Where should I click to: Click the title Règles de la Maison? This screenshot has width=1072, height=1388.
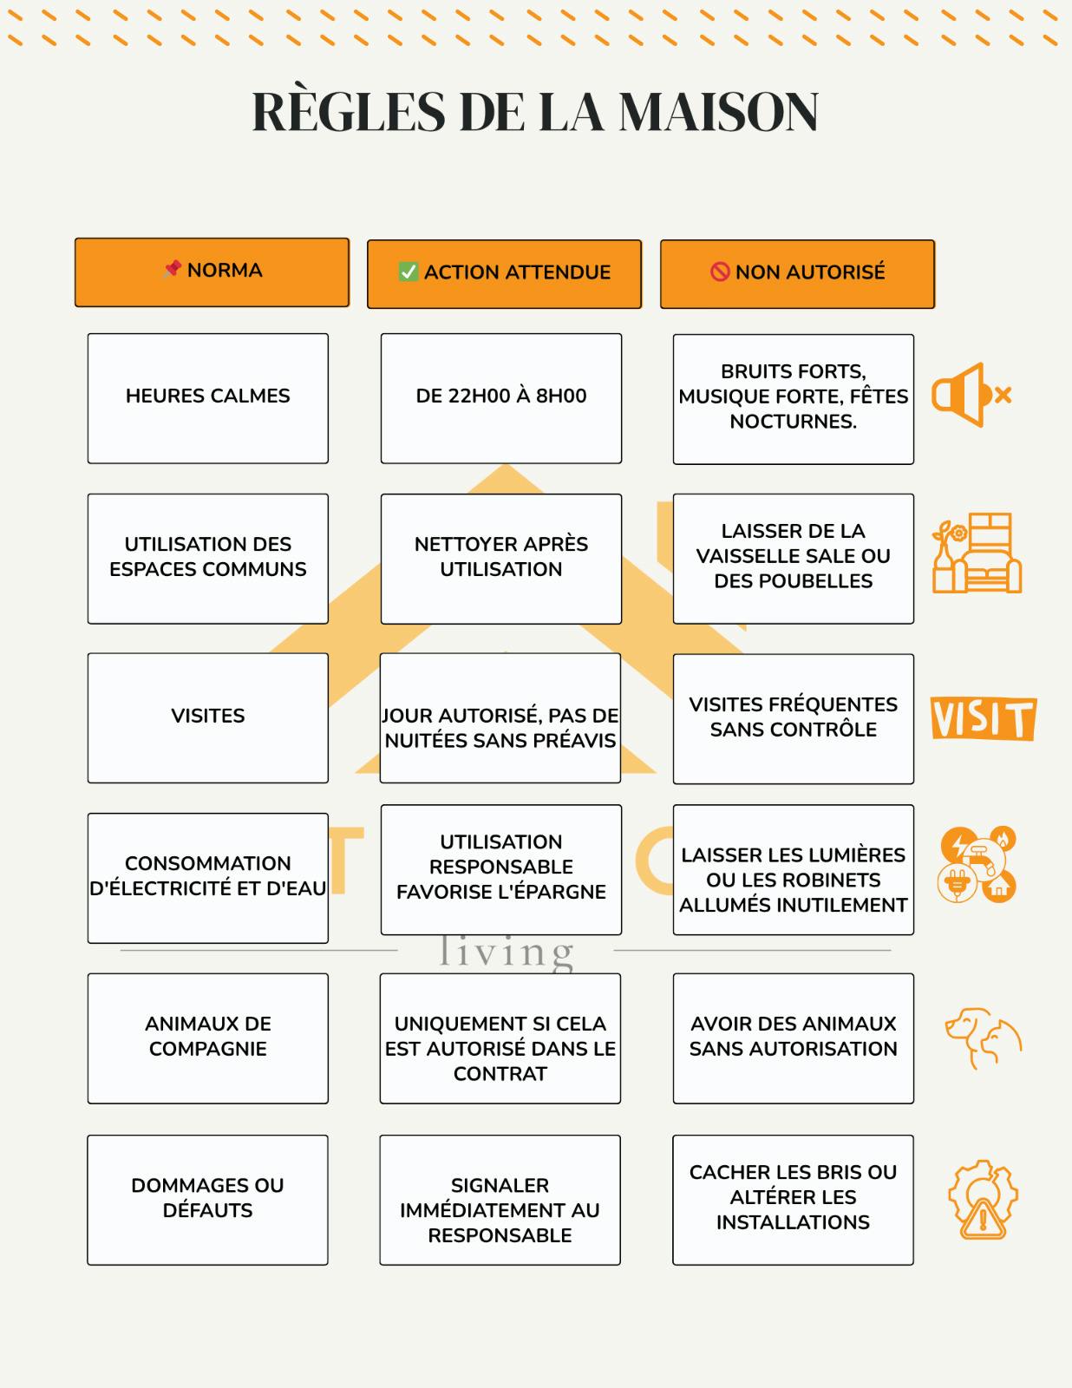pyautogui.click(x=535, y=112)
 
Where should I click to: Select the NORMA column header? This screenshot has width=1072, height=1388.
pyautogui.click(x=212, y=272)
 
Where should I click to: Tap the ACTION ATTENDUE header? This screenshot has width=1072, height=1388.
pyautogui.click(x=504, y=273)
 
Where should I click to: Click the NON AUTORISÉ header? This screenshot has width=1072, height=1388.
pyautogui.click(x=797, y=273)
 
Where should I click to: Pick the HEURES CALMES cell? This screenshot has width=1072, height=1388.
pyautogui.click(x=208, y=397)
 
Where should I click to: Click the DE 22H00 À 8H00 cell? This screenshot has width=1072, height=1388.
pyautogui.click(x=500, y=397)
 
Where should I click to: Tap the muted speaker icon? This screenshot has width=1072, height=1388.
pyautogui.click(x=971, y=396)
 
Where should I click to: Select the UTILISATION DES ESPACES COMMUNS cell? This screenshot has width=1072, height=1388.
pyautogui.click(x=208, y=558)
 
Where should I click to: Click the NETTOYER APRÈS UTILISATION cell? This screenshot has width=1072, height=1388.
pyautogui.click(x=500, y=558)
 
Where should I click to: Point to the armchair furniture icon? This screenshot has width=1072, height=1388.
pyautogui.click(x=977, y=554)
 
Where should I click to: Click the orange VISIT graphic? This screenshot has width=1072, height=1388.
pyautogui.click(x=983, y=718)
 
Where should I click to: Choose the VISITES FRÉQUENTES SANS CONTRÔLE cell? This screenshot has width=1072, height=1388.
pyautogui.click(x=793, y=718)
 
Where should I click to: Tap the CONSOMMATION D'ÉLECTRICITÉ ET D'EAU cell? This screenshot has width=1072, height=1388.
pyautogui.click(x=208, y=877)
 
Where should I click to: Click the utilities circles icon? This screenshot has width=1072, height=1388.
pyautogui.click(x=977, y=865)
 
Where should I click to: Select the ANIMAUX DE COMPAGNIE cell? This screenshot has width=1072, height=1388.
pyautogui.click(x=208, y=1038)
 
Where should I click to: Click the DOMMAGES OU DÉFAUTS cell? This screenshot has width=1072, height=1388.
pyautogui.click(x=208, y=1199)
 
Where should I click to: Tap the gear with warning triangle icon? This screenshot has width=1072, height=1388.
pyautogui.click(x=983, y=1199)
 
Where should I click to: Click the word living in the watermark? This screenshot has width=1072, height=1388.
pyautogui.click(x=506, y=953)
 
